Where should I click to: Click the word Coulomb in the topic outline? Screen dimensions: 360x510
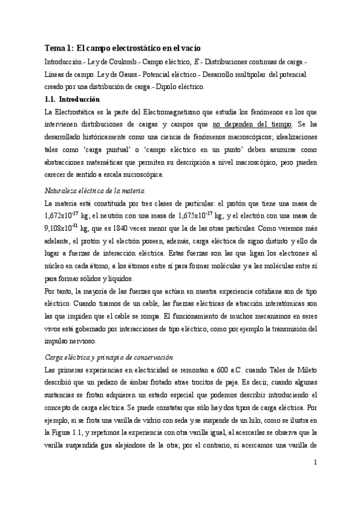coord(115,61)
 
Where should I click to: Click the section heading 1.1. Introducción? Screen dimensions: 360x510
coord(72,99)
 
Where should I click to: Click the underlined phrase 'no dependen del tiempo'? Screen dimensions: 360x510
coord(252,124)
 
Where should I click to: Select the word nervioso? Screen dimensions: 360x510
coord(76,341)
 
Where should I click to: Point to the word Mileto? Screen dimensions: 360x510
coord(305,369)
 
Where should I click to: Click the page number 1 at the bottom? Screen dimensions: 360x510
coord(315,479)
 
